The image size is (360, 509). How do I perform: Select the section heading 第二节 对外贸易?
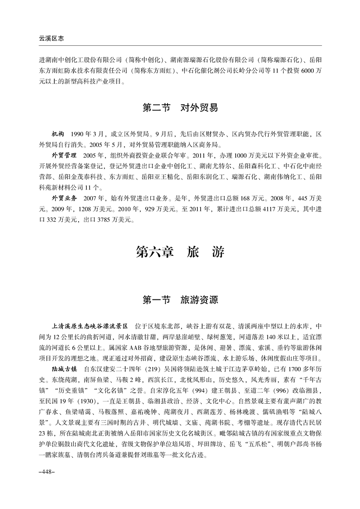coord(180,108)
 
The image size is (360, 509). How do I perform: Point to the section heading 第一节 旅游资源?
coord(180,300)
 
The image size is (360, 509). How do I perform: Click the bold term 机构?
coord(59,135)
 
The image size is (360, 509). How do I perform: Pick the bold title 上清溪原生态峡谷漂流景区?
coord(90,326)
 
